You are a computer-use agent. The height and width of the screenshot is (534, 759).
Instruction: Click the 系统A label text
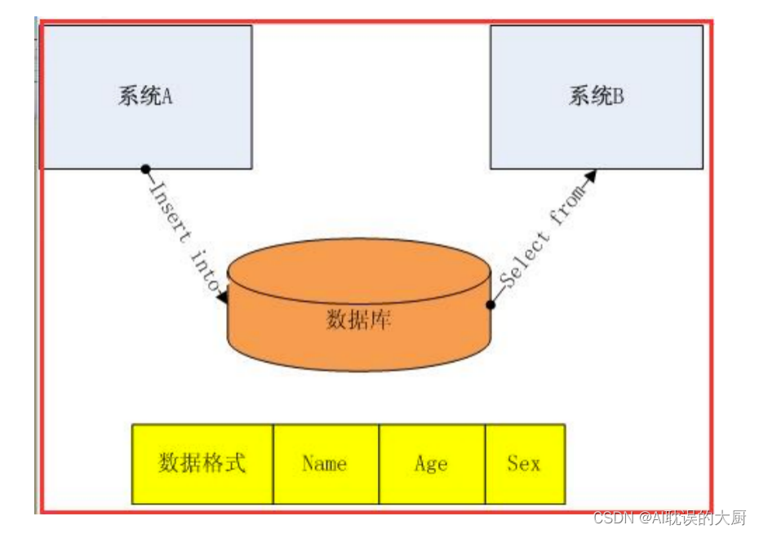(145, 96)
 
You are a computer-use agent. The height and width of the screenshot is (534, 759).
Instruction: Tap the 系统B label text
(597, 96)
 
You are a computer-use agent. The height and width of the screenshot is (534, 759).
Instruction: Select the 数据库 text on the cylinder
(359, 319)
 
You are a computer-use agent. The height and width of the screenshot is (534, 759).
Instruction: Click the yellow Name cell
(326, 464)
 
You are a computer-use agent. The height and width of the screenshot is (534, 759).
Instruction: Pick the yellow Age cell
(432, 464)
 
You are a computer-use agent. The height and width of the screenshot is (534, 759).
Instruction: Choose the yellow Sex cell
(525, 464)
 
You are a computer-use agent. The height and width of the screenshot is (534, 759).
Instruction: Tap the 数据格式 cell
(202, 464)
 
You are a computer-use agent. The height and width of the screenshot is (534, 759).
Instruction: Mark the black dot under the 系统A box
(145, 169)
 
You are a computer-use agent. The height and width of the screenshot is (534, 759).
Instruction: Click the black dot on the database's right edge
(490, 305)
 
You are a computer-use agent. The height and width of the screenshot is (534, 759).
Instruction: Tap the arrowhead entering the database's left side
(223, 298)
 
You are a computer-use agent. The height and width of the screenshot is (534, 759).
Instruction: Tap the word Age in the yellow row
(431, 464)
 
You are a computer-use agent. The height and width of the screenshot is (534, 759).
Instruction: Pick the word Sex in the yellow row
(524, 464)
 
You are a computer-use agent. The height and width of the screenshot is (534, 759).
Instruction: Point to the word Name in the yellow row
(325, 464)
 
